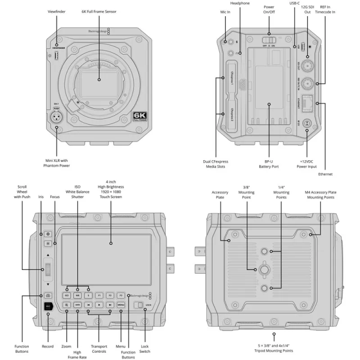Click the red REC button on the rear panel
pyautogui.click(x=48, y=307)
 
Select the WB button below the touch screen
pyautogui.click(x=77, y=296)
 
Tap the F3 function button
pyautogui.click(x=121, y=296)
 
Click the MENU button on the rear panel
pyautogui.click(x=121, y=305)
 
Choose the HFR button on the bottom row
pyautogui.click(x=77, y=305)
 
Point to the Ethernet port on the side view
pyautogui.click(x=307, y=103)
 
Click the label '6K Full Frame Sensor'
pyautogui.click(x=99, y=11)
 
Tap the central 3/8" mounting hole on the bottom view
pyautogui.click(x=264, y=270)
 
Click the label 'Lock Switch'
pyautogui.click(x=145, y=349)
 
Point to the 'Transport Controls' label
pyautogui.click(x=99, y=349)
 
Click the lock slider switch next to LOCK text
pyautogui.click(x=140, y=306)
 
